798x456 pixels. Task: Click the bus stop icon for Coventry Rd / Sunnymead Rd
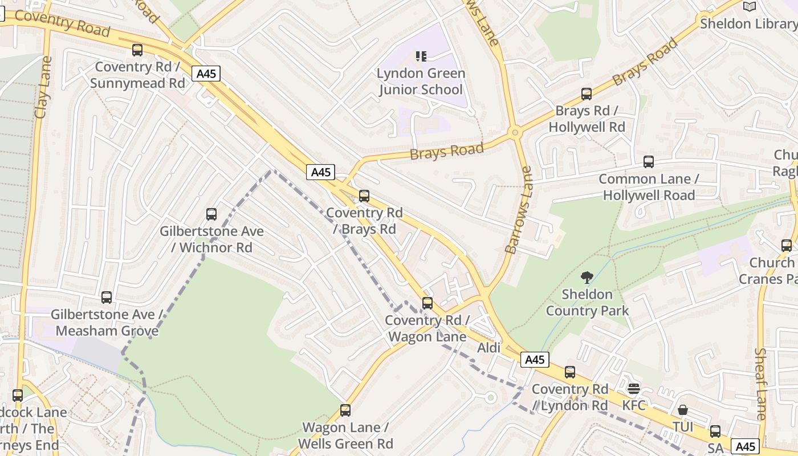tap(137, 50)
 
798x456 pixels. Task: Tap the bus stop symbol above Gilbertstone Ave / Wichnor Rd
tap(211, 214)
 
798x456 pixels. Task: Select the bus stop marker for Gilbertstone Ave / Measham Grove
tap(107, 298)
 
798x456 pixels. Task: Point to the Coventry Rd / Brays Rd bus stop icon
tap(364, 196)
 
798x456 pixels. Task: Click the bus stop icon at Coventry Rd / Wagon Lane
tap(427, 303)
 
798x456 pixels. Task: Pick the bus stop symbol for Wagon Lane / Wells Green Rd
tap(345, 410)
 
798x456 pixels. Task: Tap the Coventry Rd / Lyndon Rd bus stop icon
tap(570, 373)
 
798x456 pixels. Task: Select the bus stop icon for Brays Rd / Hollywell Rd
tap(587, 94)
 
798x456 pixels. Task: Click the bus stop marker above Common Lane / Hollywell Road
tap(649, 162)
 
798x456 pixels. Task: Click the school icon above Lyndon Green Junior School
tap(421, 56)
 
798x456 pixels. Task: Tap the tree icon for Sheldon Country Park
tap(587, 278)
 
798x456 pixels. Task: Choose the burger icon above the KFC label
tap(634, 389)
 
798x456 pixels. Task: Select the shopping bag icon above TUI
tap(683, 410)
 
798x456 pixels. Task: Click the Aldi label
tap(488, 348)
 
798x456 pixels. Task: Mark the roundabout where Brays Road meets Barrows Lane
tap(515, 133)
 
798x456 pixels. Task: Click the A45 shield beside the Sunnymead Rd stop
tap(206, 74)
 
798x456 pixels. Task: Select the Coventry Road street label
tap(62, 22)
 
